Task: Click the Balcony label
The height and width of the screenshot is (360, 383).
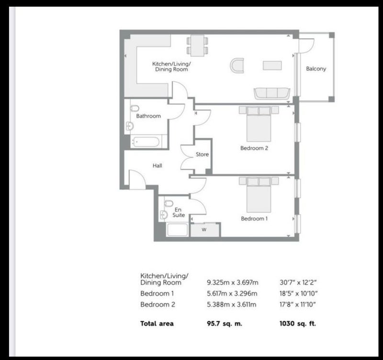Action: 316,69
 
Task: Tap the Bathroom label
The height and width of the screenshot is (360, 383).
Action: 148,116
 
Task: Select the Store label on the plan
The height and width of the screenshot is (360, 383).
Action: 202,154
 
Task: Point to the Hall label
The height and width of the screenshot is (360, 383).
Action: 158,165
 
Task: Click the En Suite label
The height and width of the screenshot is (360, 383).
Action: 179,212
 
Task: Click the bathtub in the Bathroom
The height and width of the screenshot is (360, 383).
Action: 146,142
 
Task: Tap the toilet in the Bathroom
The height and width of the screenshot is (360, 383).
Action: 135,108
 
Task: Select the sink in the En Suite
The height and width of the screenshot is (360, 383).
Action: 163,215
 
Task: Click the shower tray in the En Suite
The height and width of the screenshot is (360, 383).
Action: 177,230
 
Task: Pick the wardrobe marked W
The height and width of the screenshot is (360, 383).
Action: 205,230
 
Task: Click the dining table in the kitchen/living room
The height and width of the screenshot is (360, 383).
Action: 197,46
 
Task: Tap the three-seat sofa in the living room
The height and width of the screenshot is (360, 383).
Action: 272,93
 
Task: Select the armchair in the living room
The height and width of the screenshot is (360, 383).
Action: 237,65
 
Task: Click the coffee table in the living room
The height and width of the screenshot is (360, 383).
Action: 272,66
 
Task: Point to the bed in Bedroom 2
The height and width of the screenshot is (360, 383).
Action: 259,124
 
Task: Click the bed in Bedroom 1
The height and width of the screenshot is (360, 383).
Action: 259,195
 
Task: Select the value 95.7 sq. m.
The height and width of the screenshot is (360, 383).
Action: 225,324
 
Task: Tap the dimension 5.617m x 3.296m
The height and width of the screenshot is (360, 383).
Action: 232,293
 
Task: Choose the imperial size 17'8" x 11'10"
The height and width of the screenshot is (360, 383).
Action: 298,304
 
